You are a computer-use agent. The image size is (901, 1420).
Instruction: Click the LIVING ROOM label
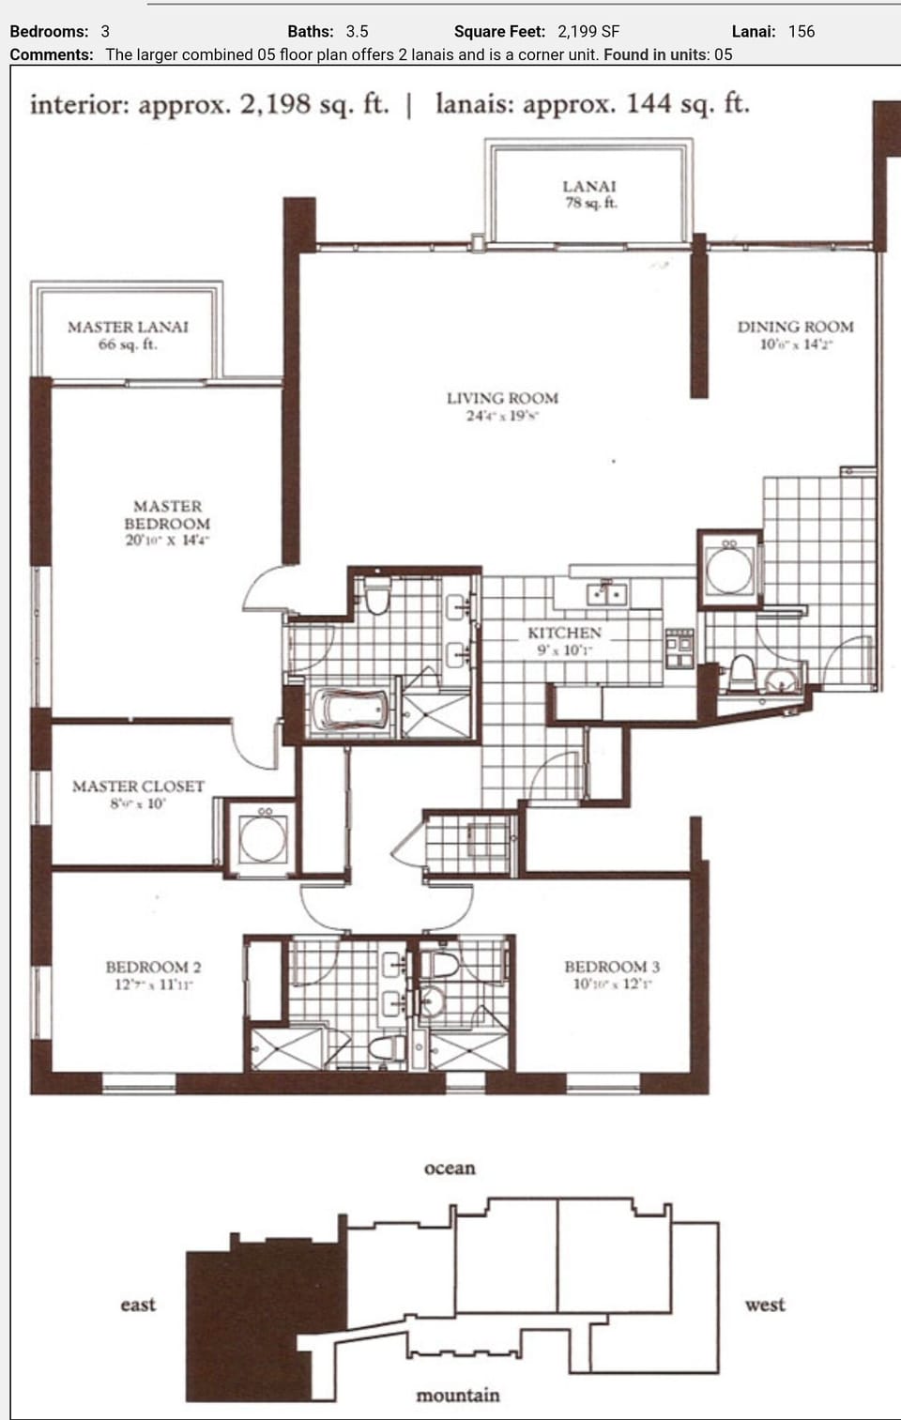pyautogui.click(x=502, y=398)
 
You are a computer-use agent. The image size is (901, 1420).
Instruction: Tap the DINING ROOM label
pyautogui.click(x=795, y=327)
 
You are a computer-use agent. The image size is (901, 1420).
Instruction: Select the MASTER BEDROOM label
pyautogui.click(x=167, y=514)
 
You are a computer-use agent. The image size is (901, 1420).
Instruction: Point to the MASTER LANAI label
pyautogui.click(x=128, y=327)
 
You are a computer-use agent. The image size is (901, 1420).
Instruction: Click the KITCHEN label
pyautogui.click(x=564, y=633)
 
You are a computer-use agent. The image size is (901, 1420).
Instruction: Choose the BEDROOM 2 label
pyautogui.click(x=153, y=967)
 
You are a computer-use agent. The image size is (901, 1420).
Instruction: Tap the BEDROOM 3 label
pyautogui.click(x=612, y=967)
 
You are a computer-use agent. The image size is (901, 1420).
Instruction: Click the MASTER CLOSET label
pyautogui.click(x=138, y=786)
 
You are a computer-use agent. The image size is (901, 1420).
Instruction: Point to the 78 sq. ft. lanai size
pyautogui.click(x=590, y=203)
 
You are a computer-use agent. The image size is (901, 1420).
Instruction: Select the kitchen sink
pyautogui.click(x=605, y=593)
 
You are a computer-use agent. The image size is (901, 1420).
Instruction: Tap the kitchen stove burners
pyautogui.click(x=680, y=649)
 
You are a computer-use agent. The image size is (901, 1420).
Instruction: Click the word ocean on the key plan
pyautogui.click(x=450, y=1168)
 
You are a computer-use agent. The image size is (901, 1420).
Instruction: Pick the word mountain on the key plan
pyautogui.click(x=457, y=1396)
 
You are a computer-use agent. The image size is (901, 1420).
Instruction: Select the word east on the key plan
pyautogui.click(x=138, y=1305)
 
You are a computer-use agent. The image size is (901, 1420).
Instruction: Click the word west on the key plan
pyautogui.click(x=765, y=1305)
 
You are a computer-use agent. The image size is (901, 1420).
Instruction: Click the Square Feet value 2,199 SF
pyautogui.click(x=588, y=31)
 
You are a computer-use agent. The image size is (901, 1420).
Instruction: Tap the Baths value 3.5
pyautogui.click(x=357, y=31)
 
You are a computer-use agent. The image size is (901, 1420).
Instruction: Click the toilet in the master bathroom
pyautogui.click(x=376, y=597)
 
